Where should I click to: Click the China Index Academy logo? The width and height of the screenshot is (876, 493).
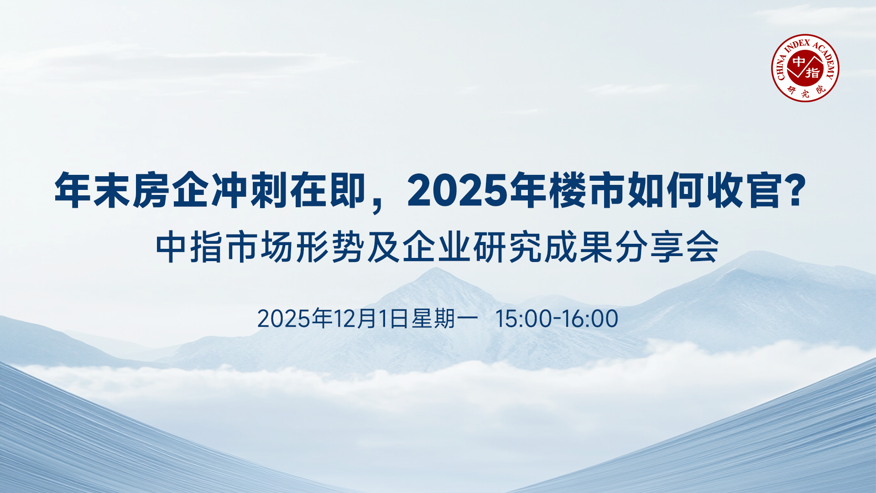click(805, 68)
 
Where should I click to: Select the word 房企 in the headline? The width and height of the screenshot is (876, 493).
click(152, 190)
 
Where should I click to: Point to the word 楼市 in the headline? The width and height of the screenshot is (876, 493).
click(568, 190)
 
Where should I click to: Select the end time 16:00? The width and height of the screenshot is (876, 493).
click(590, 319)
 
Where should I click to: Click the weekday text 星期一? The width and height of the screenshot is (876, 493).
click(445, 319)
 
